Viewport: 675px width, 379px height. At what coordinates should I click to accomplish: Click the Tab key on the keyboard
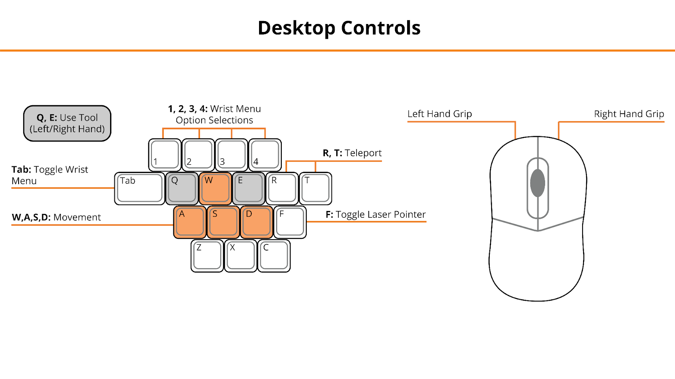tap(140, 189)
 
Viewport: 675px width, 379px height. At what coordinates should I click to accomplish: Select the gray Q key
tap(182, 189)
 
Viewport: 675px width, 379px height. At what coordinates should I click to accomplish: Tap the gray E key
tap(248, 189)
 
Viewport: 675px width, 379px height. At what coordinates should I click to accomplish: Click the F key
tap(290, 222)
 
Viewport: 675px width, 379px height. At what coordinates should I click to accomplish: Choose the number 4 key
tap(265, 155)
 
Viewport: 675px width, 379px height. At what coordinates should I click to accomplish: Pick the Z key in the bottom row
tap(207, 256)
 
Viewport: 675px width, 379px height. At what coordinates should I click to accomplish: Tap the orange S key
tap(223, 222)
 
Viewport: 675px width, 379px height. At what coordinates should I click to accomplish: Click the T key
tap(315, 189)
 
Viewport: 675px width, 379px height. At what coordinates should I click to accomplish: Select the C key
tap(274, 256)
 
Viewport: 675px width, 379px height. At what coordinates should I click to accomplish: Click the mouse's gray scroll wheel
tap(537, 183)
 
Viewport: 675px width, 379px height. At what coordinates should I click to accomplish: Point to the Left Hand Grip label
tap(440, 114)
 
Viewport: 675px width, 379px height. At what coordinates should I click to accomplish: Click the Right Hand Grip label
tap(629, 114)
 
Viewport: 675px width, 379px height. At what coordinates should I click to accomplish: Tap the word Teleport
tap(363, 153)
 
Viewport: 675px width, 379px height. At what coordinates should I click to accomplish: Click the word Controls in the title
tap(381, 28)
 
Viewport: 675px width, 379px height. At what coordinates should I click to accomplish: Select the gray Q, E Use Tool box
tap(67, 123)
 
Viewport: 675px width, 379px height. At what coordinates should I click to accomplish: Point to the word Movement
tap(77, 217)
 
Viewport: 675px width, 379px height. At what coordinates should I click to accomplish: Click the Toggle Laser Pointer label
tap(381, 214)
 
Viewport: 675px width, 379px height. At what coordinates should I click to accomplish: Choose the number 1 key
tap(165, 155)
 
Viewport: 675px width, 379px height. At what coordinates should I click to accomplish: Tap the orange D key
tap(256, 222)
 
